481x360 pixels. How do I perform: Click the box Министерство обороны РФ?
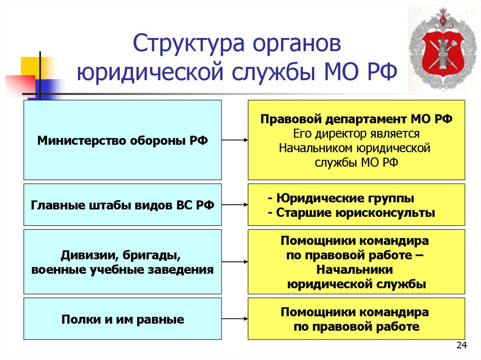point(123,140)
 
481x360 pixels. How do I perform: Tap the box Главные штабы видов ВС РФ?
point(123,205)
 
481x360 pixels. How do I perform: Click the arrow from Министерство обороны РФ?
point(234,140)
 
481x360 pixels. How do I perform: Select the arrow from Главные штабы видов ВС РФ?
point(234,205)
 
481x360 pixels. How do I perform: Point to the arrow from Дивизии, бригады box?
point(234,261)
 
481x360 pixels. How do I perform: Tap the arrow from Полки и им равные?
point(234,318)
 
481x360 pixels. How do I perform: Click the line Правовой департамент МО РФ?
point(356,119)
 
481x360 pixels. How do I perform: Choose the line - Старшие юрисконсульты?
point(351,212)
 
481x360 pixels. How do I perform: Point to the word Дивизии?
point(83,256)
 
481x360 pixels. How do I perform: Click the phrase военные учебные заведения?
point(123,270)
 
